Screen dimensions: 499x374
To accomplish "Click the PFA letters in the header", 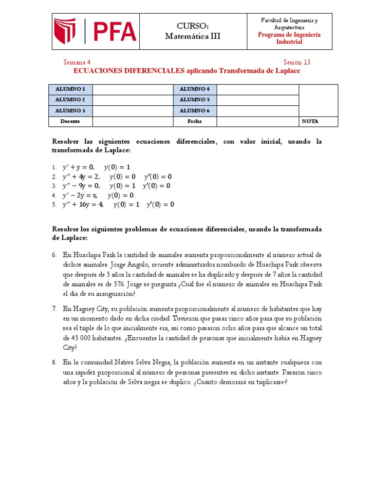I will point(115,31).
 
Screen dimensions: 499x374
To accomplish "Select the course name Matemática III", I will point(193,36).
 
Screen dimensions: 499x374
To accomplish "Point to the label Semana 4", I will point(77,62).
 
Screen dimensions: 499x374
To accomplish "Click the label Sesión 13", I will point(297,62).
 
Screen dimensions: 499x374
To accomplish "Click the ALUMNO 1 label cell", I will point(71,89).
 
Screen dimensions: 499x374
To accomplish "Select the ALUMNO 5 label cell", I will point(195,100).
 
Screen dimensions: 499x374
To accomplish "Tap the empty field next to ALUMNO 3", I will point(133,111).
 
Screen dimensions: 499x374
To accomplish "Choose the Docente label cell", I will point(71,121).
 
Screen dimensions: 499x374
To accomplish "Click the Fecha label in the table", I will point(195,121).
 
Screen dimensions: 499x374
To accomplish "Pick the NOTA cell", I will point(310,121).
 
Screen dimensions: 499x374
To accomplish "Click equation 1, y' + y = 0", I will point(78,167).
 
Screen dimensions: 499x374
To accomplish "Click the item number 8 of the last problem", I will point(55,363).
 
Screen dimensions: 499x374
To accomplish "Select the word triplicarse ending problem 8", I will point(270,382).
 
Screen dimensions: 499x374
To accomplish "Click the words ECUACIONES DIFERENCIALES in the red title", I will point(129,71).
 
